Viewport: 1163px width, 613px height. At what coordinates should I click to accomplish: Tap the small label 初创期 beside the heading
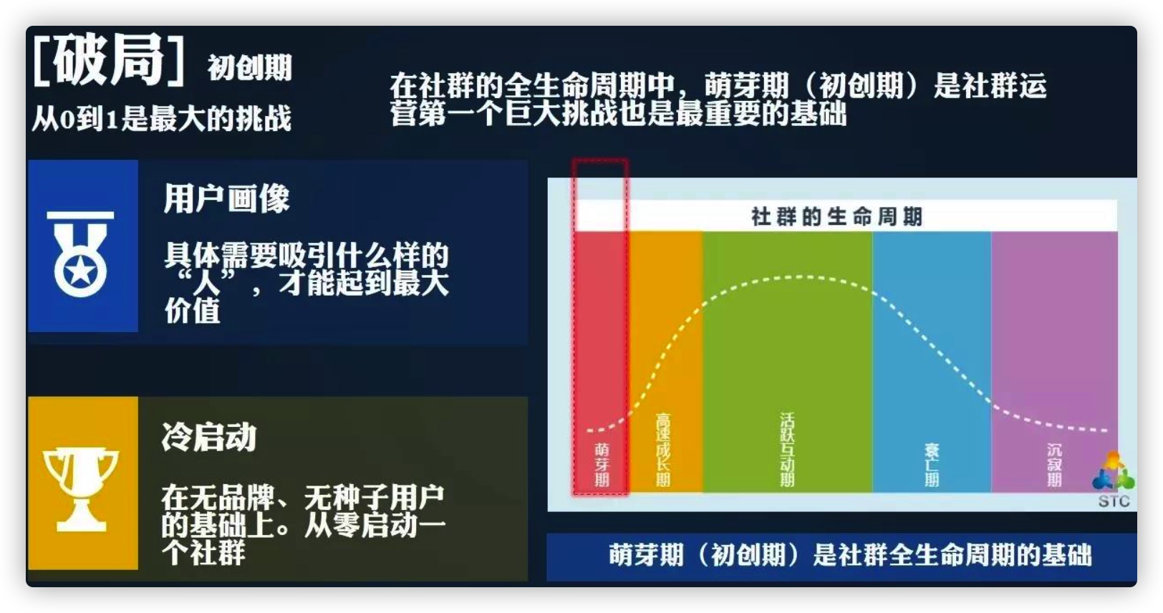tap(250, 68)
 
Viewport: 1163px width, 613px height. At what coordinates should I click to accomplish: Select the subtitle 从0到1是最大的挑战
tap(161, 118)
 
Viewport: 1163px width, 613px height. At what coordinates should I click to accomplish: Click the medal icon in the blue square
tap(80, 254)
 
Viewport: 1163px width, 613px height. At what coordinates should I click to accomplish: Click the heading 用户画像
tap(226, 198)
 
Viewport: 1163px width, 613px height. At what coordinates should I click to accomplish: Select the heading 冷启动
tap(209, 437)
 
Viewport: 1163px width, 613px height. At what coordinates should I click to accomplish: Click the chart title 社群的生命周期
tap(836, 216)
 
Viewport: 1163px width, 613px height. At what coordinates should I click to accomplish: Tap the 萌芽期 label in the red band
tap(602, 465)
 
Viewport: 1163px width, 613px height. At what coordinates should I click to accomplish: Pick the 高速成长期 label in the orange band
tap(663, 450)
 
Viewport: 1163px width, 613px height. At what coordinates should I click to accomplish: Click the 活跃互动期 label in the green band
tap(787, 450)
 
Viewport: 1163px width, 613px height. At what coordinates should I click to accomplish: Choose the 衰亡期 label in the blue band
tap(932, 465)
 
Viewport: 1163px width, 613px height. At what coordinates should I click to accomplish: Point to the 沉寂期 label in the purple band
tap(1054, 465)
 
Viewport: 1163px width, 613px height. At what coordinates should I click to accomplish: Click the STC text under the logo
tap(1114, 501)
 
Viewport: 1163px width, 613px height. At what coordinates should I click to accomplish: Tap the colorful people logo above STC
tap(1113, 470)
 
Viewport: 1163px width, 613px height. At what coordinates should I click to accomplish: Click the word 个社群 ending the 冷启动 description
tap(203, 552)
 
